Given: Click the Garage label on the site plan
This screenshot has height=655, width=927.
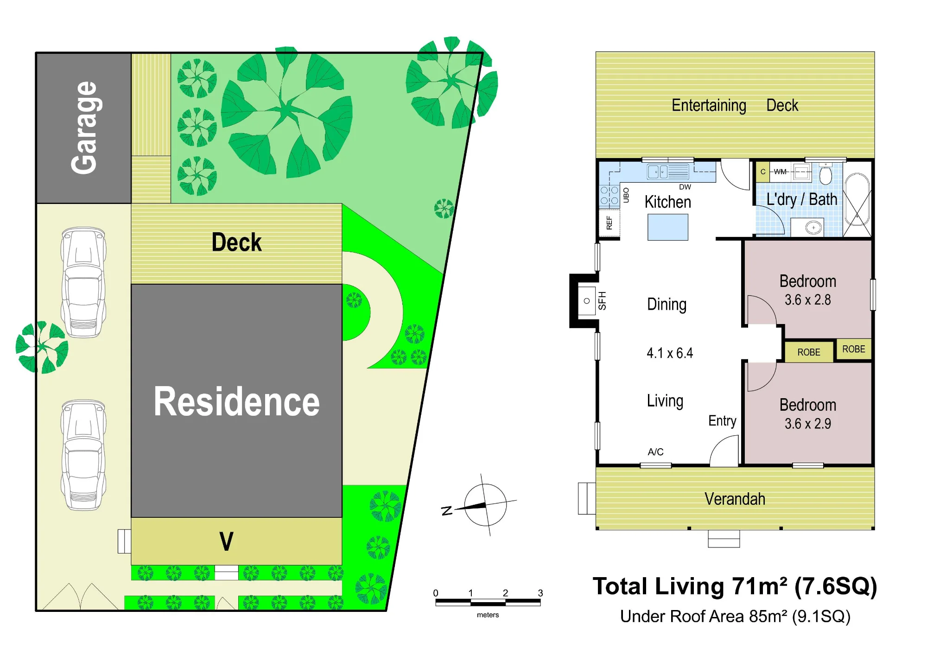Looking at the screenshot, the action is click(x=84, y=128).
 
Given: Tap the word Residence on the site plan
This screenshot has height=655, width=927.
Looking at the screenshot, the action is click(x=236, y=401).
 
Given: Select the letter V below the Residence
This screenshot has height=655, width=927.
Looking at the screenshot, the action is click(x=226, y=541).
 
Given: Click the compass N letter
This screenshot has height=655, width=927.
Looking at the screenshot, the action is click(x=447, y=511).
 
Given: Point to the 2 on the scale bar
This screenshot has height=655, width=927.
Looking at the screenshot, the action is click(x=505, y=593).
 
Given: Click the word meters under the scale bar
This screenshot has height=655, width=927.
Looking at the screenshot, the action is click(x=488, y=615).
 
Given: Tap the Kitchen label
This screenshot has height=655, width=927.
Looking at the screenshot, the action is click(x=667, y=202).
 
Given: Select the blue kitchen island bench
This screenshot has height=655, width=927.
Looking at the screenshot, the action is click(x=667, y=227).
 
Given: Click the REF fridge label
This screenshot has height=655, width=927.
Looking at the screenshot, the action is click(x=609, y=223).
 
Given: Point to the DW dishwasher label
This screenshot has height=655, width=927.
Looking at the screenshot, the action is click(x=685, y=187).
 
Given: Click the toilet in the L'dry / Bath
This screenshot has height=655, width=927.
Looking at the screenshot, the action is click(x=825, y=175).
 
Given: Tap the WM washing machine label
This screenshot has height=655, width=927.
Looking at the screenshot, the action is click(x=780, y=172).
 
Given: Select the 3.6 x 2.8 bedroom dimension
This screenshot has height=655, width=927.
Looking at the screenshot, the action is click(x=807, y=300).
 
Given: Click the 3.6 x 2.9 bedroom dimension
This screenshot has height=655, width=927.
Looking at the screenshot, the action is click(x=807, y=424).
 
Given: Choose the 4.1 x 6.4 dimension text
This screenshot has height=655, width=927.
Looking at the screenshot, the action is click(x=670, y=353).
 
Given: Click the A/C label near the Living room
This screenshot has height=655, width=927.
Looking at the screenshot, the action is click(x=655, y=452).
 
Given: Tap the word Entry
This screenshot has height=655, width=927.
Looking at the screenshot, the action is click(x=722, y=421).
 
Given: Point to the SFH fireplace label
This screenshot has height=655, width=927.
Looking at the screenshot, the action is click(x=602, y=300).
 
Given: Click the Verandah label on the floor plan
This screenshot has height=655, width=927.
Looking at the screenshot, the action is click(x=735, y=499).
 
